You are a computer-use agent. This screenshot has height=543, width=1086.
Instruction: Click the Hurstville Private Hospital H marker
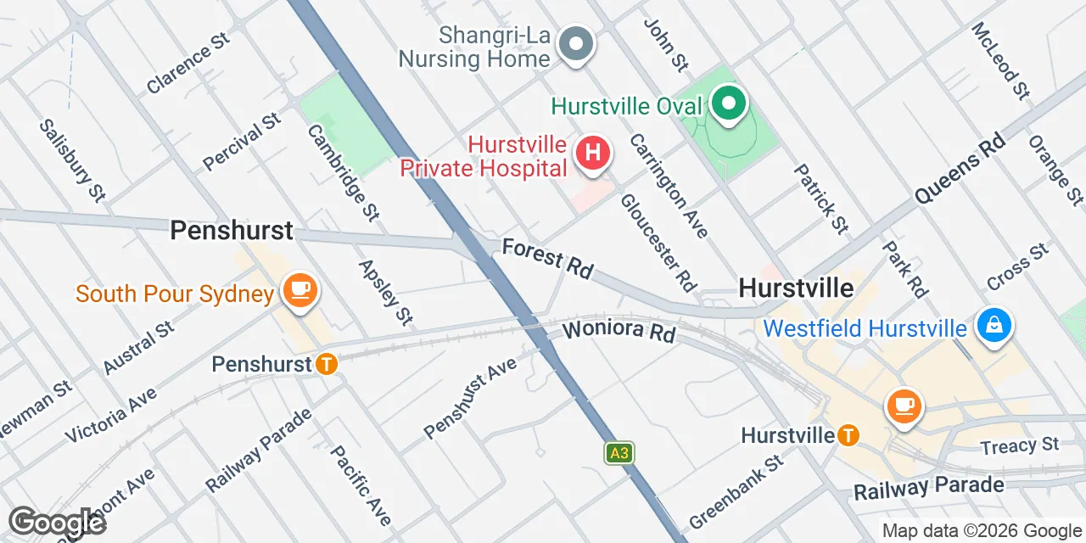tap(594, 154)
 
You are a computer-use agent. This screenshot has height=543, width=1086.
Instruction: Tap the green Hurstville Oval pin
tap(727, 104)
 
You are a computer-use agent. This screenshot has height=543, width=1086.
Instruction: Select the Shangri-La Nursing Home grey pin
tap(577, 43)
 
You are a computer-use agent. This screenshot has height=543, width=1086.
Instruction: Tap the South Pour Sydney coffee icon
tap(299, 291)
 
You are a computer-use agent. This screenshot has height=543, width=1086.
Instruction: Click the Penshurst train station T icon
tap(326, 364)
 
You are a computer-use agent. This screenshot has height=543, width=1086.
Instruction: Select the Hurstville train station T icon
tap(847, 435)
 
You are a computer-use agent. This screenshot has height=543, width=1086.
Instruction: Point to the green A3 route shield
tap(619, 453)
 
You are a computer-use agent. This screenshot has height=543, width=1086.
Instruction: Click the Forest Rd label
tap(547, 258)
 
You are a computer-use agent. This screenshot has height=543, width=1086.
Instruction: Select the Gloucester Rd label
tap(658, 242)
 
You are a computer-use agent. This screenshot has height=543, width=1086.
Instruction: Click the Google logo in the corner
tap(56, 522)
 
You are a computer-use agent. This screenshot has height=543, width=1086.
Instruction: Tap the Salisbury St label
tap(71, 160)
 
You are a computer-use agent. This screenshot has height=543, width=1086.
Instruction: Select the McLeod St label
tap(1000, 61)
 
